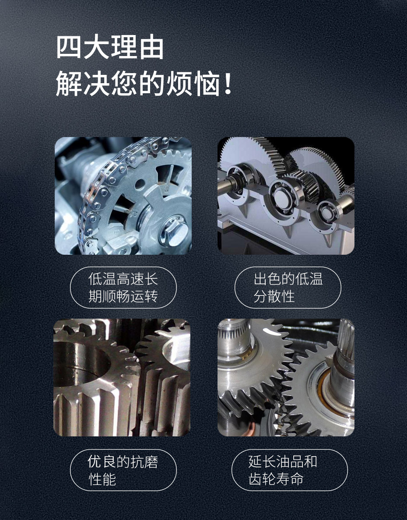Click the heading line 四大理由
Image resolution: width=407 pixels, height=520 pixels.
110,48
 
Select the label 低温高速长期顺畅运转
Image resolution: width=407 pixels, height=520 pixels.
123,288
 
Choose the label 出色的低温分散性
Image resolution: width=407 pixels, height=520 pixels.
288,288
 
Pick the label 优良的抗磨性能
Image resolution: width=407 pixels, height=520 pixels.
123,470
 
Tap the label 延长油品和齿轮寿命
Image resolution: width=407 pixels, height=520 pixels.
288,470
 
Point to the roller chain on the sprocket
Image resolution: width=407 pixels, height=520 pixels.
94,193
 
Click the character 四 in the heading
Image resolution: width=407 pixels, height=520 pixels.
70,48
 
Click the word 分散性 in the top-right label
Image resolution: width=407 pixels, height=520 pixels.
274,296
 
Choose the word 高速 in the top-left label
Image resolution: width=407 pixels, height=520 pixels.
131,279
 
